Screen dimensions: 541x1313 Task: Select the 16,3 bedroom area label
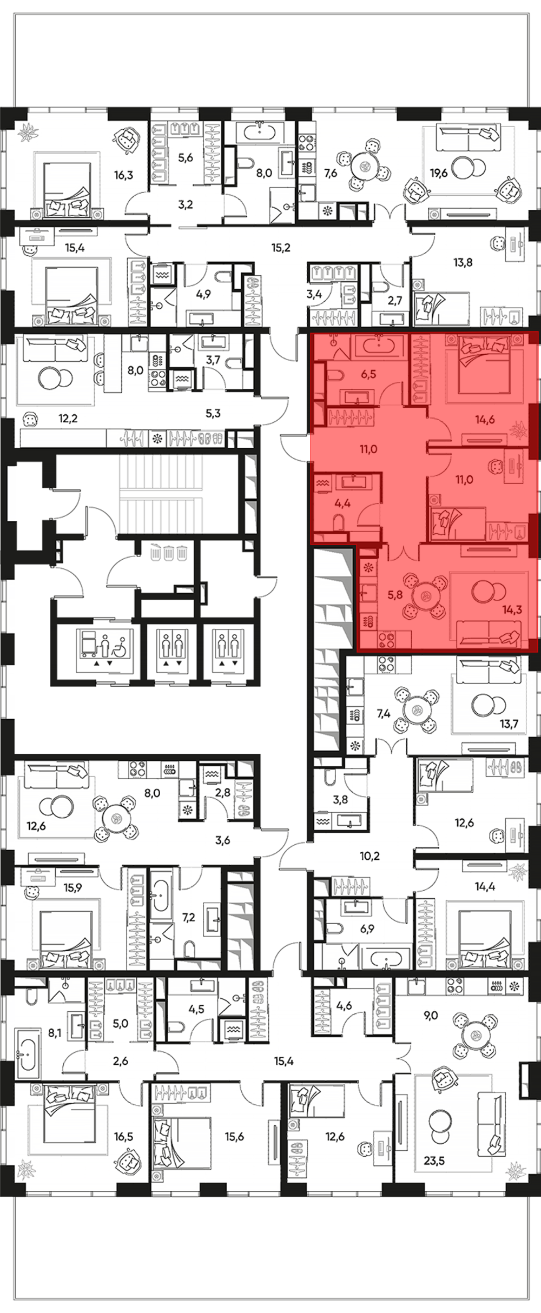(123, 175)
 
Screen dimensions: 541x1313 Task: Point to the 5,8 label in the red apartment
(395, 594)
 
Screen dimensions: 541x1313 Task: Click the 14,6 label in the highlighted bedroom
(485, 419)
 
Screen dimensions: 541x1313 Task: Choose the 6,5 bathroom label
(368, 374)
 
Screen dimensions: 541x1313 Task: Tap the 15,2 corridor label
(281, 248)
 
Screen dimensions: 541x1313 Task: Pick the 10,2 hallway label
(370, 856)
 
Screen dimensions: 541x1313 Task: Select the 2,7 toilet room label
(395, 300)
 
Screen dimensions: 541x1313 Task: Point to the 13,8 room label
(463, 263)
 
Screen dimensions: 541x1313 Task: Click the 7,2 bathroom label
(188, 917)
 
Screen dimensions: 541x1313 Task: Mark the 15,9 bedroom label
(72, 887)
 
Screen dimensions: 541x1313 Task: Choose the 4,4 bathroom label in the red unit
(342, 503)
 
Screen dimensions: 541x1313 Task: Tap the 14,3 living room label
(512, 610)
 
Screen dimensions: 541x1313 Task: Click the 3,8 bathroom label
(340, 799)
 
